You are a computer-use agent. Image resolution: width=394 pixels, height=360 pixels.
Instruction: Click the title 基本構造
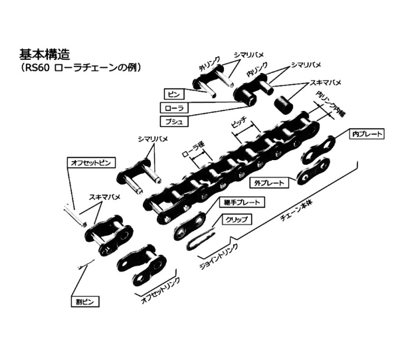pos(45,54)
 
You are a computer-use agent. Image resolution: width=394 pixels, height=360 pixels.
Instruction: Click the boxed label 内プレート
pos(367,134)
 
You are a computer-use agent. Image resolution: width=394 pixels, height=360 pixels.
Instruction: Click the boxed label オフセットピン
pos(93,162)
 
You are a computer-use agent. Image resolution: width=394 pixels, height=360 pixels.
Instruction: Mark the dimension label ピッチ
pos(239,123)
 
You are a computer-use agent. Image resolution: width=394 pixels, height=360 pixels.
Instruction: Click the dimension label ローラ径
pos(194,155)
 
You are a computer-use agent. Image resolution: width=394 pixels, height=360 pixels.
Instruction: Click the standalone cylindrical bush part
pos(286,106)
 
